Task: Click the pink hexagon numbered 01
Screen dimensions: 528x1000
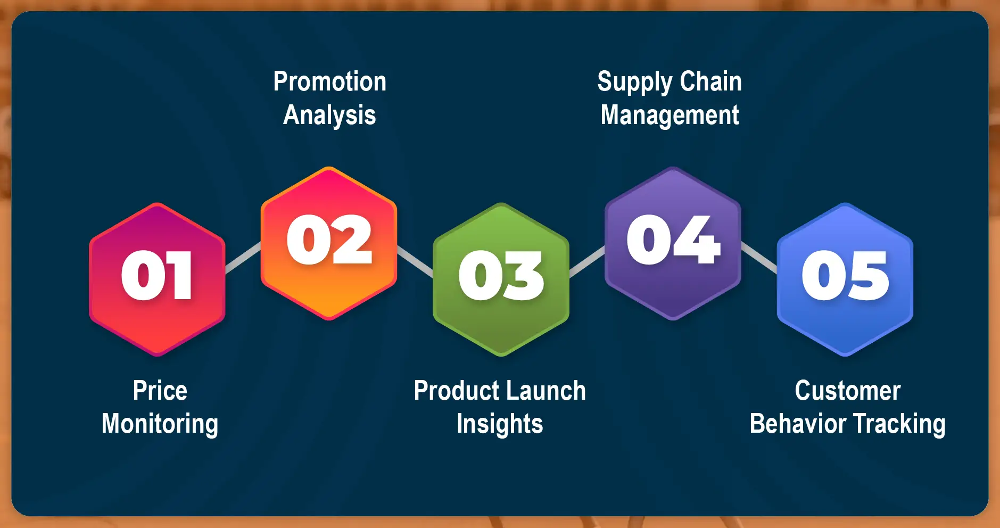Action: coord(157,279)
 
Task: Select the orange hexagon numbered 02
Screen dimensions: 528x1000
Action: coord(329,243)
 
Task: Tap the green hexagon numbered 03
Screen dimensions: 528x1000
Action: coord(501,279)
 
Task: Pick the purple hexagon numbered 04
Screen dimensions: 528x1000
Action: coord(673,243)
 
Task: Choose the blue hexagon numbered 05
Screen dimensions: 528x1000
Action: coord(845,279)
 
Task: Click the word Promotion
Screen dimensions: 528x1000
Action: coord(329,81)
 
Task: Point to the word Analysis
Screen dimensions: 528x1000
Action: coord(329,115)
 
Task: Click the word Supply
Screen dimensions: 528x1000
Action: coord(635,82)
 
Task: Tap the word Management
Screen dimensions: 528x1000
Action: coord(670,115)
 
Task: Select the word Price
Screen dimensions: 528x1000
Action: coord(160,391)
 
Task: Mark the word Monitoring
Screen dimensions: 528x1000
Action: coord(160,424)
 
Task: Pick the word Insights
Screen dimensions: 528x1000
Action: coord(500,424)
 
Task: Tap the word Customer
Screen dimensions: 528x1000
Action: coord(847,391)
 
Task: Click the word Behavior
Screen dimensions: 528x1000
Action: coord(798,424)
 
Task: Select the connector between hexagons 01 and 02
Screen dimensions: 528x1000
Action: coord(243,258)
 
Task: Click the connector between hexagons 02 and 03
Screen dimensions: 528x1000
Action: coord(415,261)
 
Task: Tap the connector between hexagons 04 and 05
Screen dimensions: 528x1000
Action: coord(759,258)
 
